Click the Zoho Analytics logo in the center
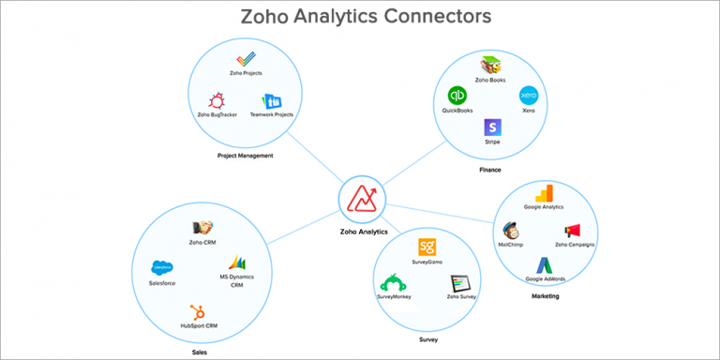coord(360,201)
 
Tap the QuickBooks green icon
coord(457,96)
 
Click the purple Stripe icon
coord(492,127)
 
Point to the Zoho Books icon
coord(490,66)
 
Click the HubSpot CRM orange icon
coord(198,311)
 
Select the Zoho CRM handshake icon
coord(202,228)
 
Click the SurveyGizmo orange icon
coord(427,248)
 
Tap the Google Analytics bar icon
coord(544,195)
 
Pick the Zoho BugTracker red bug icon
coord(217,100)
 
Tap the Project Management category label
coord(244,156)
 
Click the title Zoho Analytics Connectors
coord(360,17)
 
